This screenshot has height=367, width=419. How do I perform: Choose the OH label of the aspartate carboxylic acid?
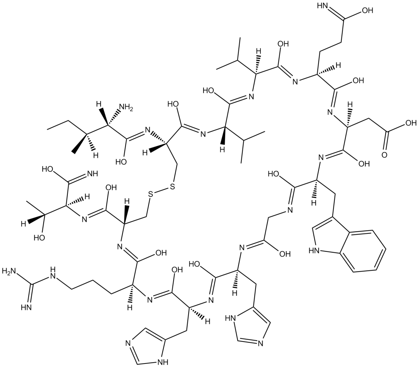[x=410, y=123]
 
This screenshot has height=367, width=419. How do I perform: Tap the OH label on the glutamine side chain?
[x=367, y=10]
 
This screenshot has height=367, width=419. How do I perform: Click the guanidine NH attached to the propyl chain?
[x=53, y=271]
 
